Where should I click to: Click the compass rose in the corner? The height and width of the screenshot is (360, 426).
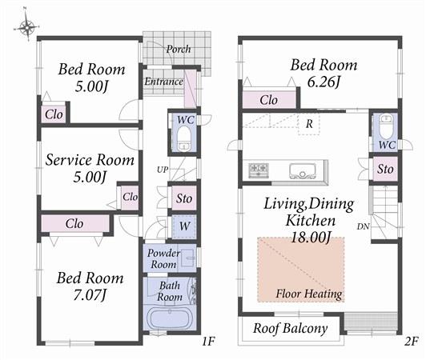point(26,27)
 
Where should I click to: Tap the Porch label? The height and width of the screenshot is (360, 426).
point(178,49)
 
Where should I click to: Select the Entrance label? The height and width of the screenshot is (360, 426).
point(163,82)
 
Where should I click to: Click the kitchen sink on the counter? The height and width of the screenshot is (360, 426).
point(303,170)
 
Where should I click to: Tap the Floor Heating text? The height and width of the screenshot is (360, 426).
point(309,294)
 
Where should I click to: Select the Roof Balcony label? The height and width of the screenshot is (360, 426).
point(290,328)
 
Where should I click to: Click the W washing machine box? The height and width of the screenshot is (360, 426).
point(183,226)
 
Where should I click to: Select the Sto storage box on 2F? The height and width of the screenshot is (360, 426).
point(385,169)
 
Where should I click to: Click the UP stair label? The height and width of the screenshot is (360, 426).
point(162,170)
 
